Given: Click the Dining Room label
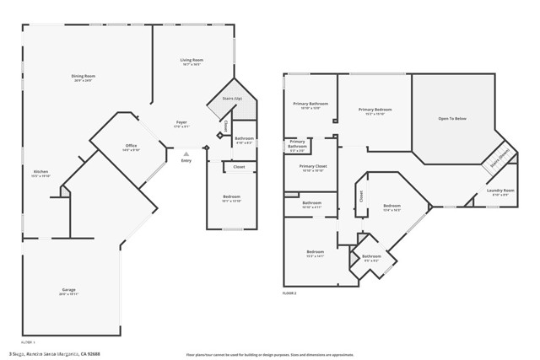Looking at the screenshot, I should tap(83, 78).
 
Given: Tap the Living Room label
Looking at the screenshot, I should tap(192, 61).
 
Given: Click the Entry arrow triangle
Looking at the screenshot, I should tap(186, 153).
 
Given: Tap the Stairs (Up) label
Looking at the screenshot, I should tap(233, 99).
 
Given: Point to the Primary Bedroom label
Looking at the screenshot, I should tap(374, 110).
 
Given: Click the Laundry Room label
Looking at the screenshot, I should tap(500, 191).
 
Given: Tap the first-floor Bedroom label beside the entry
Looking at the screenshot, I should tap(231, 198).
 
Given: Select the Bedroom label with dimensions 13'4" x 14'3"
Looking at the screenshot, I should tap(391, 207).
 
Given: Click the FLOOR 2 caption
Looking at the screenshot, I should tap(290, 293).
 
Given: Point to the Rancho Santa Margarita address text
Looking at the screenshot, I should tap(56, 353).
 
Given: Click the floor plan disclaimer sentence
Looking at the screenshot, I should tap(271, 353).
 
